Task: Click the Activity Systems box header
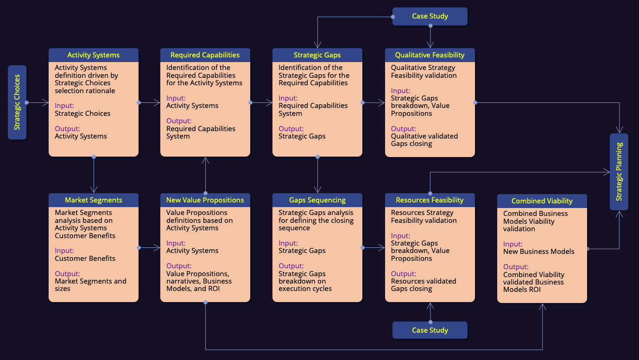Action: pyautogui.click(x=94, y=55)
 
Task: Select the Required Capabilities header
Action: pyautogui.click(x=205, y=55)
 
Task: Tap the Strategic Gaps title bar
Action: pyautogui.click(x=317, y=55)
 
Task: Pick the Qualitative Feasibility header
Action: pyautogui.click(x=430, y=55)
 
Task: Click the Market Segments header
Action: pyautogui.click(x=94, y=200)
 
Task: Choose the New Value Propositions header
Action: pyautogui.click(x=205, y=200)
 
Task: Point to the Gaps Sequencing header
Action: pyautogui.click(x=317, y=200)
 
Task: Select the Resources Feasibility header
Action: pyautogui.click(x=430, y=200)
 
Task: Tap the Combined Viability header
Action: pyautogui.click(x=542, y=201)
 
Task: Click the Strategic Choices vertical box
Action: pyautogui.click(x=17, y=102)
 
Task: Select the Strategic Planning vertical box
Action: pyautogui.click(x=619, y=172)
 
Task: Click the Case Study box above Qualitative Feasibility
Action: pyautogui.click(x=430, y=16)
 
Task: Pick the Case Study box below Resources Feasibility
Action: pyautogui.click(x=430, y=330)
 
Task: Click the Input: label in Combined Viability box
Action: pyautogui.click(x=513, y=244)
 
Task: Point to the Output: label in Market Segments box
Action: pyautogui.click(x=68, y=274)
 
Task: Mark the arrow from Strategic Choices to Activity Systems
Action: pyautogui.click(x=38, y=102)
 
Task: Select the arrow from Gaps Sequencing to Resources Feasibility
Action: pyautogui.click(x=373, y=248)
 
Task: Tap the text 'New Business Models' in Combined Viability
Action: pyautogui.click(x=539, y=252)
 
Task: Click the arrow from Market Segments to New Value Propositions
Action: pyautogui.click(x=149, y=248)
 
